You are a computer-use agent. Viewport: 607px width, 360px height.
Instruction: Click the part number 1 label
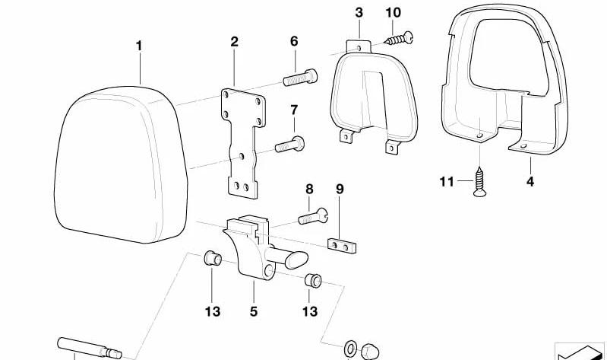pos(139,46)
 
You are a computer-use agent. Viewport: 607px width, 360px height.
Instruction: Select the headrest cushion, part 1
pos(121,164)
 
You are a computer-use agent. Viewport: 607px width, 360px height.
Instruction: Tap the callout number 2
pos(234,42)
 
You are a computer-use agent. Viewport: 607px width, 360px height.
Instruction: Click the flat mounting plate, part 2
pos(244,143)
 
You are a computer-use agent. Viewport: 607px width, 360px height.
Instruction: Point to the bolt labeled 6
pos(300,77)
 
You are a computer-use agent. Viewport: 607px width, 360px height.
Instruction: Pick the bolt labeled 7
pos(289,145)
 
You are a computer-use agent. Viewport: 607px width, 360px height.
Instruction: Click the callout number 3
pos(359,13)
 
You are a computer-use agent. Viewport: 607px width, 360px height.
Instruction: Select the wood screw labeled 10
pos(400,38)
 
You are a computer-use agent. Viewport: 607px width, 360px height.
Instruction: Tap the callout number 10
pos(394,13)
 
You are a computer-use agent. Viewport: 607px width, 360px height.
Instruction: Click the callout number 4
pos(530,181)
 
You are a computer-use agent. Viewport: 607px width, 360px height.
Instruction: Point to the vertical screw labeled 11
pos(480,182)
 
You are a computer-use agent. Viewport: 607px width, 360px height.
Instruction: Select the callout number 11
pos(447,181)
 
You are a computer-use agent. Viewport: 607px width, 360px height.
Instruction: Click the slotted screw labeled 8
pos(313,216)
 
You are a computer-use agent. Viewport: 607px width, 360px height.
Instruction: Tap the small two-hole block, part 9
pos(342,246)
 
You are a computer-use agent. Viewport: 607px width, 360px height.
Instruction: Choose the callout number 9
pos(340,190)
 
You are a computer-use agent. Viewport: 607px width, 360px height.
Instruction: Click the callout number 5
pos(254,311)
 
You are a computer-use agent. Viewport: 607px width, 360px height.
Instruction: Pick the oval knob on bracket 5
pos(296,260)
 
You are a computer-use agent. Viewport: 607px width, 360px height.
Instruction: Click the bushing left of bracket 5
pos(213,258)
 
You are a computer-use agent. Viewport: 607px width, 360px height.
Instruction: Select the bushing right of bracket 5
pos(313,280)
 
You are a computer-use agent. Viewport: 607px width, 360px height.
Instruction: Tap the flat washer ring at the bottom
pos(350,349)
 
